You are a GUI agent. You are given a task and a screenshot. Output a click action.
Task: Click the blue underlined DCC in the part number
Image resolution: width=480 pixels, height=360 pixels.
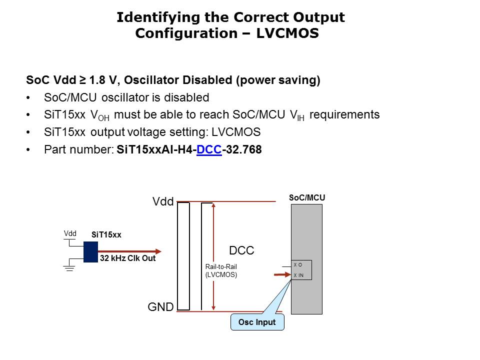pyautogui.click(x=209, y=149)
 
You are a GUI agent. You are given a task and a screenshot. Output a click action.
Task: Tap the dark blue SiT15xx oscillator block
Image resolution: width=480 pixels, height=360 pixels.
pyautogui.click(x=90, y=252)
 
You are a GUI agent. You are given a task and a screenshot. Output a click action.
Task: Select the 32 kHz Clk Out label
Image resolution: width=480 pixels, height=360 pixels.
pyautogui.click(x=127, y=259)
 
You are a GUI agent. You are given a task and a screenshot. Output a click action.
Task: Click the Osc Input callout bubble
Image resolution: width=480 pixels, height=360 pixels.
pyautogui.click(x=257, y=322)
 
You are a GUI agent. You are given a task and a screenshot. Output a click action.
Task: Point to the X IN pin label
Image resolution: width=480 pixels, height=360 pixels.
pyautogui.click(x=298, y=275)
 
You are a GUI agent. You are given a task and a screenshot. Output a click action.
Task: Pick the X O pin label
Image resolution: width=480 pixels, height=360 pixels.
pyautogui.click(x=297, y=265)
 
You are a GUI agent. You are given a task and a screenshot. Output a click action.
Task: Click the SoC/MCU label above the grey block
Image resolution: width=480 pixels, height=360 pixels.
pyautogui.click(x=307, y=198)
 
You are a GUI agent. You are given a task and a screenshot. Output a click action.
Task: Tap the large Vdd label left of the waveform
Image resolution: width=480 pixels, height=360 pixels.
pyautogui.click(x=163, y=202)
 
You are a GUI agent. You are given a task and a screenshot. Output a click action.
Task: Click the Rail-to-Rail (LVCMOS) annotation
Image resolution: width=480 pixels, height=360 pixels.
pyautogui.click(x=221, y=270)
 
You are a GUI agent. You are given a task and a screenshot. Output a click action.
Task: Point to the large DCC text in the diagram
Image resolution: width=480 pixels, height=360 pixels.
pyautogui.click(x=241, y=251)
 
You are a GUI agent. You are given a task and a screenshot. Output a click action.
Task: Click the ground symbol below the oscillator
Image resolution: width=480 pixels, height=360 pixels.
pyautogui.click(x=69, y=268)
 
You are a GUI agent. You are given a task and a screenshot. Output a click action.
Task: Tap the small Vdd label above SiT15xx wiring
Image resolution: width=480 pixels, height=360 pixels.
pyautogui.click(x=70, y=233)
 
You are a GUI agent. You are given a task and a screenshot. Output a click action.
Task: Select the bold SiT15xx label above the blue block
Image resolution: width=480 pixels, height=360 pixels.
pyautogui.click(x=106, y=234)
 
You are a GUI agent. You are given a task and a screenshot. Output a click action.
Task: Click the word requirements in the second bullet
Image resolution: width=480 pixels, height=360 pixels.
pyautogui.click(x=345, y=114)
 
